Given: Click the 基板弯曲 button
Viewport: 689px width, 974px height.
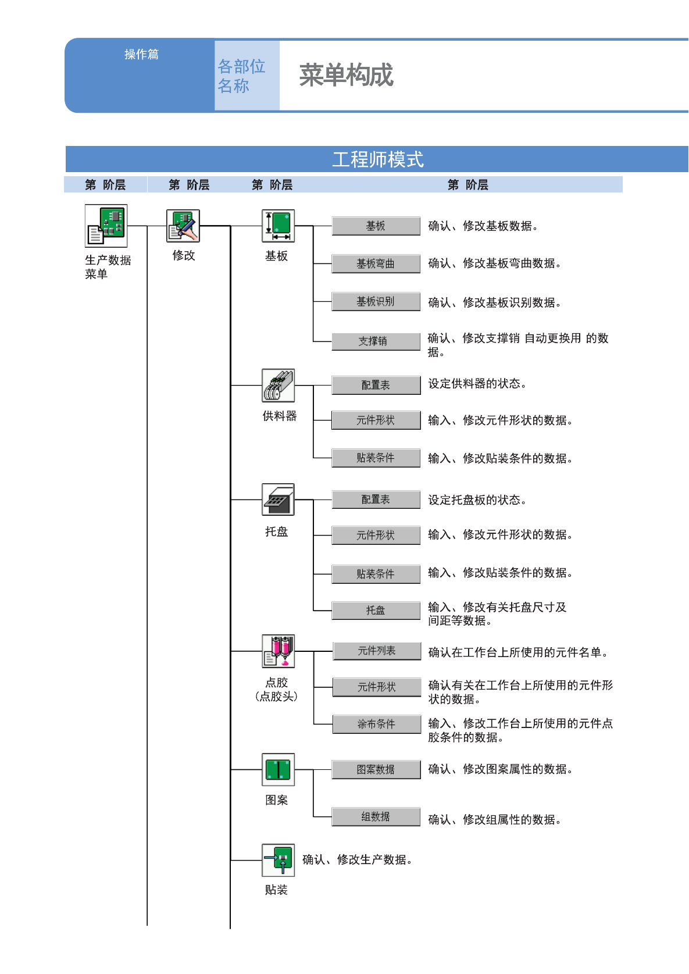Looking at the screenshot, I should click(x=376, y=263).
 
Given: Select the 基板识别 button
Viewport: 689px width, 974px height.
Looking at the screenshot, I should click(x=376, y=302).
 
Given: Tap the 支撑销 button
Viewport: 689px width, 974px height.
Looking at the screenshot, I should click(x=376, y=341).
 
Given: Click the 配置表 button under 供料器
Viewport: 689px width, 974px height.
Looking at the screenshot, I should click(x=376, y=385).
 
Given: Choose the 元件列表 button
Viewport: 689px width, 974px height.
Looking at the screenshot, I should click(x=377, y=651).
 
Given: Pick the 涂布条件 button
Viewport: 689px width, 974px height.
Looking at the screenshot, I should click(x=377, y=724).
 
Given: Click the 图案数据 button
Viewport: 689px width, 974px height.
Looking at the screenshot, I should click(x=376, y=769).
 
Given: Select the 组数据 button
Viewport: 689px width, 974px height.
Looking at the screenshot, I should click(x=376, y=816).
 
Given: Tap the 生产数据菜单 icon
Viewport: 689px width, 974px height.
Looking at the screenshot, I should click(x=106, y=226).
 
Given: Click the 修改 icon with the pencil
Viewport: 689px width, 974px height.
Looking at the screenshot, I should click(x=183, y=226).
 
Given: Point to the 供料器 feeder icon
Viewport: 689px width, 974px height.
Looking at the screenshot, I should click(x=278, y=385).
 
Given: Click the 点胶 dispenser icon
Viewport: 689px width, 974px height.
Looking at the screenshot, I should click(x=278, y=651).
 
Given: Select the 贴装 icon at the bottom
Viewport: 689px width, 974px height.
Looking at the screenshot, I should click(x=278, y=860).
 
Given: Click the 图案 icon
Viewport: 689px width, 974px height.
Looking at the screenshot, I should click(x=278, y=769).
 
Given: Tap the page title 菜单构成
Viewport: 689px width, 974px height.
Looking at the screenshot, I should click(x=347, y=76).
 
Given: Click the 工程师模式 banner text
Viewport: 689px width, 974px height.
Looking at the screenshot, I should click(x=378, y=159).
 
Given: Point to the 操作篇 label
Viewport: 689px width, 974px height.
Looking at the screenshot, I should click(x=141, y=54).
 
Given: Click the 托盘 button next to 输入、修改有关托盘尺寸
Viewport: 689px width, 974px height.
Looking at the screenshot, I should click(x=376, y=610).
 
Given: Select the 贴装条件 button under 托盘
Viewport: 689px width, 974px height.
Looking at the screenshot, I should click(x=376, y=574).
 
